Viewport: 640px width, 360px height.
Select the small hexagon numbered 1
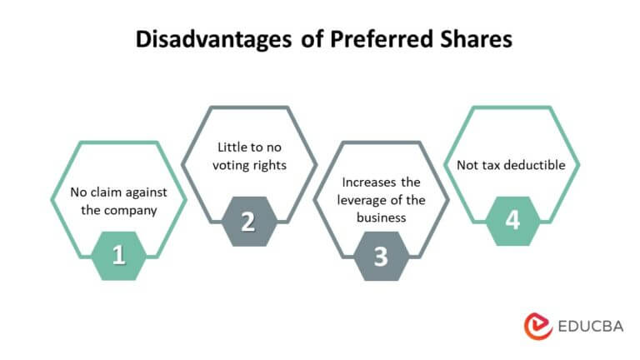(118, 255)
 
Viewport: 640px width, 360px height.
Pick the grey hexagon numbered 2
(248, 221)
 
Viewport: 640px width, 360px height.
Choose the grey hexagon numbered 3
(380, 256)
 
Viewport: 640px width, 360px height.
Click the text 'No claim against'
(118, 192)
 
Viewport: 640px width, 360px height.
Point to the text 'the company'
(118, 210)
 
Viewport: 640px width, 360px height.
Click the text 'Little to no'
(248, 147)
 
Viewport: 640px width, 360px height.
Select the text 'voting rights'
(248, 165)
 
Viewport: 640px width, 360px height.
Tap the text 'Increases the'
(380, 183)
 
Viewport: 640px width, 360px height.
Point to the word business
(380, 218)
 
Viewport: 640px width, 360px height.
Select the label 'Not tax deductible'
(511, 165)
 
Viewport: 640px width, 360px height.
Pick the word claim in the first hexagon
(106, 192)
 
